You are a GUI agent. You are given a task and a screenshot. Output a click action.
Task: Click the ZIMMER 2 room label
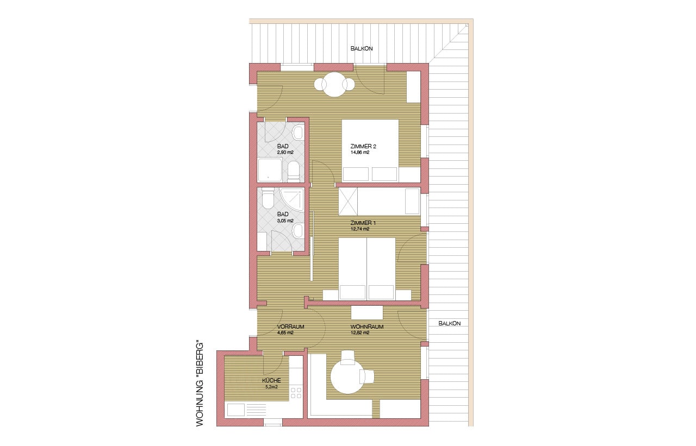(363, 146)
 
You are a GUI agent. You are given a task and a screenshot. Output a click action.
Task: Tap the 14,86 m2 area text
(360, 153)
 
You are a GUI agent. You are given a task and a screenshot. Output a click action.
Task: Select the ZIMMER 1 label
(363, 223)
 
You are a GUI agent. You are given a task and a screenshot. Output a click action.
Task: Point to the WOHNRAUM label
(367, 327)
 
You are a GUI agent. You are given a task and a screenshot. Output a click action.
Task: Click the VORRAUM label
(290, 327)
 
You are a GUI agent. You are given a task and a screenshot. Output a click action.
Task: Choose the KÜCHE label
(271, 380)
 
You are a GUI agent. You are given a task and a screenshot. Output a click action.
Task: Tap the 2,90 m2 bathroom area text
(285, 153)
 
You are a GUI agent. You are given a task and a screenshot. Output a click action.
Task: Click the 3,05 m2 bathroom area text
(285, 221)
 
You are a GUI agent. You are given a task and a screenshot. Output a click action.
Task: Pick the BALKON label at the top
(362, 49)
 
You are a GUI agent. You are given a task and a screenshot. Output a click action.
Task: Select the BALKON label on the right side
(450, 323)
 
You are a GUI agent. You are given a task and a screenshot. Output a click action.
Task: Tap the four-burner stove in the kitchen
(295, 393)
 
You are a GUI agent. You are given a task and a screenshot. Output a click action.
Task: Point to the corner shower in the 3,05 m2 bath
(293, 198)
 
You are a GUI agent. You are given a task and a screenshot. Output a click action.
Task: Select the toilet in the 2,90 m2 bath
(293, 172)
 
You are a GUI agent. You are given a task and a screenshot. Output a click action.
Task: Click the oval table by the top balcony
(334, 84)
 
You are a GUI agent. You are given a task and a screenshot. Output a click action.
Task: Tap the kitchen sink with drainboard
(247, 410)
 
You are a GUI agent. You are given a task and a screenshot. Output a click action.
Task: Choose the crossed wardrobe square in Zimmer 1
(348, 202)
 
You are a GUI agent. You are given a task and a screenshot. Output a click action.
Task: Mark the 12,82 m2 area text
(360, 332)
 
